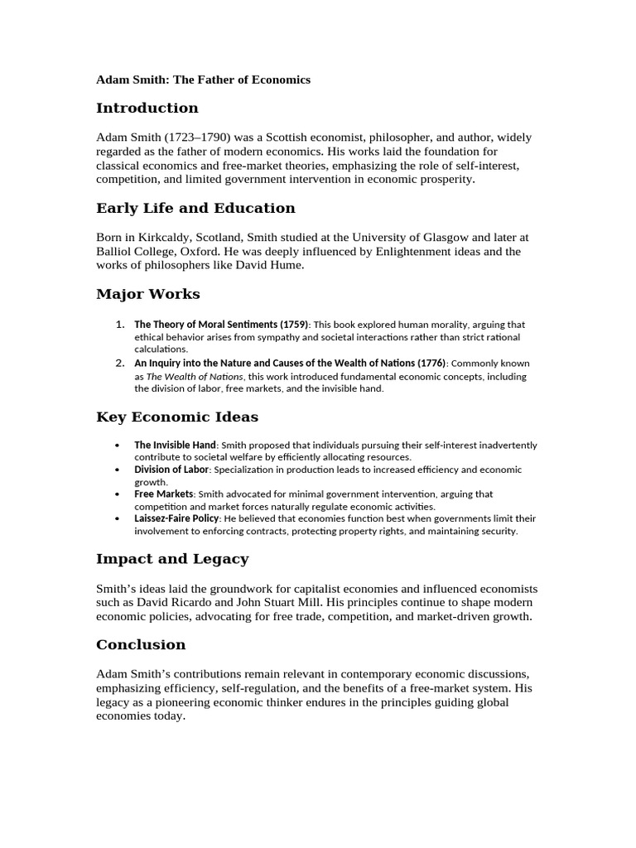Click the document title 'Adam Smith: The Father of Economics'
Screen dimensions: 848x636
(203, 79)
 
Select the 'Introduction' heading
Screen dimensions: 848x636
(147, 108)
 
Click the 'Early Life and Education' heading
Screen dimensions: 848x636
(195, 208)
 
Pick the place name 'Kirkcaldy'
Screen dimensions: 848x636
(163, 237)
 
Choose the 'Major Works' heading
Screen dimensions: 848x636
(148, 294)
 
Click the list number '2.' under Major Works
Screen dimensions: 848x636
(120, 363)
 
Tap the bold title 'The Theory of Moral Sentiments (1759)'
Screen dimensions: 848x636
(221, 325)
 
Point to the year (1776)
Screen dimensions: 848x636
(429, 363)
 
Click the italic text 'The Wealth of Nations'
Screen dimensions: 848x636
(195, 376)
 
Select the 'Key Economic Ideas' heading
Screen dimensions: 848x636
(177, 417)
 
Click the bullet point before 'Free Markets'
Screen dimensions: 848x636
(118, 494)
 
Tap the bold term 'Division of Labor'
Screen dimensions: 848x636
(171, 470)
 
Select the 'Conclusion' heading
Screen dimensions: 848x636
(141, 644)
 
